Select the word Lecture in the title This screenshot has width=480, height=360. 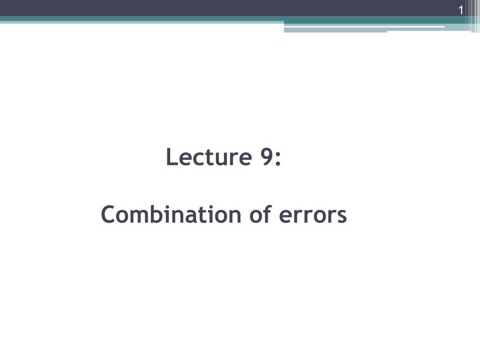207,157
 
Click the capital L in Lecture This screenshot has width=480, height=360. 171,157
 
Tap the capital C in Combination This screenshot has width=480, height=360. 108,215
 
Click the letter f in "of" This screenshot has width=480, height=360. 268,214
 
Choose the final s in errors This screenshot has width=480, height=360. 342,217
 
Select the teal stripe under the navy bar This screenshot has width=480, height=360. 141,19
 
